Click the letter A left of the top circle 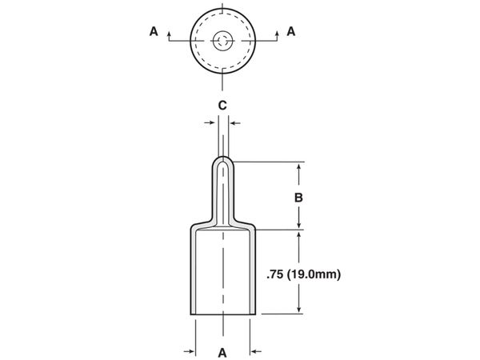click(x=154, y=31)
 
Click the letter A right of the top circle click(x=291, y=31)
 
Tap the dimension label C click(x=222, y=106)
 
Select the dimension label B click(x=298, y=198)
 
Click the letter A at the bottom click(x=222, y=353)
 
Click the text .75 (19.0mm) click(x=304, y=274)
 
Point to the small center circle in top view click(x=223, y=41)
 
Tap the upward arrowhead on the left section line click(x=169, y=33)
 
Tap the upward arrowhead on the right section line click(x=277, y=33)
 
